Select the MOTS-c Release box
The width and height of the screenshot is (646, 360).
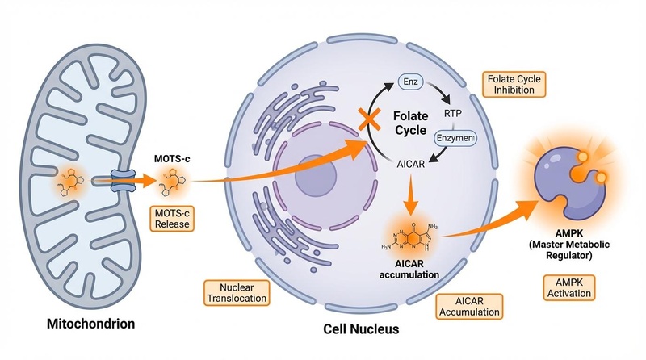tap(170, 218)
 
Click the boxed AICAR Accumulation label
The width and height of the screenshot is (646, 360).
tap(469, 305)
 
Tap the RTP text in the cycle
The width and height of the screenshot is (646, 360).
tap(453, 113)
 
